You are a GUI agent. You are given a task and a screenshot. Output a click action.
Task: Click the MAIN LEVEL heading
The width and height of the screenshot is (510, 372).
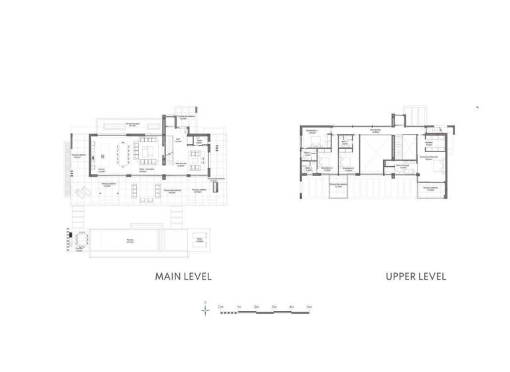pyautogui.click(x=183, y=276)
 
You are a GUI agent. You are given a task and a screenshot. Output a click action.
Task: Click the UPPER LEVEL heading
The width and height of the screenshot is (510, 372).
pyautogui.click(x=416, y=276)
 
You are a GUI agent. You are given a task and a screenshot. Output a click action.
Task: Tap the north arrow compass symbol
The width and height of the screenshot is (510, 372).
pyautogui.click(x=206, y=309)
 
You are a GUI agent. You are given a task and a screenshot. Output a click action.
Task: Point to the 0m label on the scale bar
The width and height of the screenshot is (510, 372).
pyautogui.click(x=220, y=306)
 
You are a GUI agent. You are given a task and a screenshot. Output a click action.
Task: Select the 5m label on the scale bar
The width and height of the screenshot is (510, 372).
pyautogui.click(x=309, y=306)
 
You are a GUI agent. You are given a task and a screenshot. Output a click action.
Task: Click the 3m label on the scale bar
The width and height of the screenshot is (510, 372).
pyautogui.click(x=274, y=306)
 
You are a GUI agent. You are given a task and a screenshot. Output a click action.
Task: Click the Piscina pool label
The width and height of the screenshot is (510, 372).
pyautogui.click(x=130, y=240)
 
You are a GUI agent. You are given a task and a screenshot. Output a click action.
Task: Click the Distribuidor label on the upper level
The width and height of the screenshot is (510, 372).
pyautogui.click(x=376, y=131)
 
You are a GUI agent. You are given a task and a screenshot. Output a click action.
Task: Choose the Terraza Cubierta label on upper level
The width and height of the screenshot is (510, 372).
pyautogui.click(x=431, y=188)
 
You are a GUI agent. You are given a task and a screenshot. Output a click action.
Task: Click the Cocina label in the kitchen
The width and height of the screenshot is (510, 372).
pyautogui.click(x=102, y=170)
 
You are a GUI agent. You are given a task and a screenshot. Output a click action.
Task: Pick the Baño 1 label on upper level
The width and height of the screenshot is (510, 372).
pyautogui.click(x=345, y=141)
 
